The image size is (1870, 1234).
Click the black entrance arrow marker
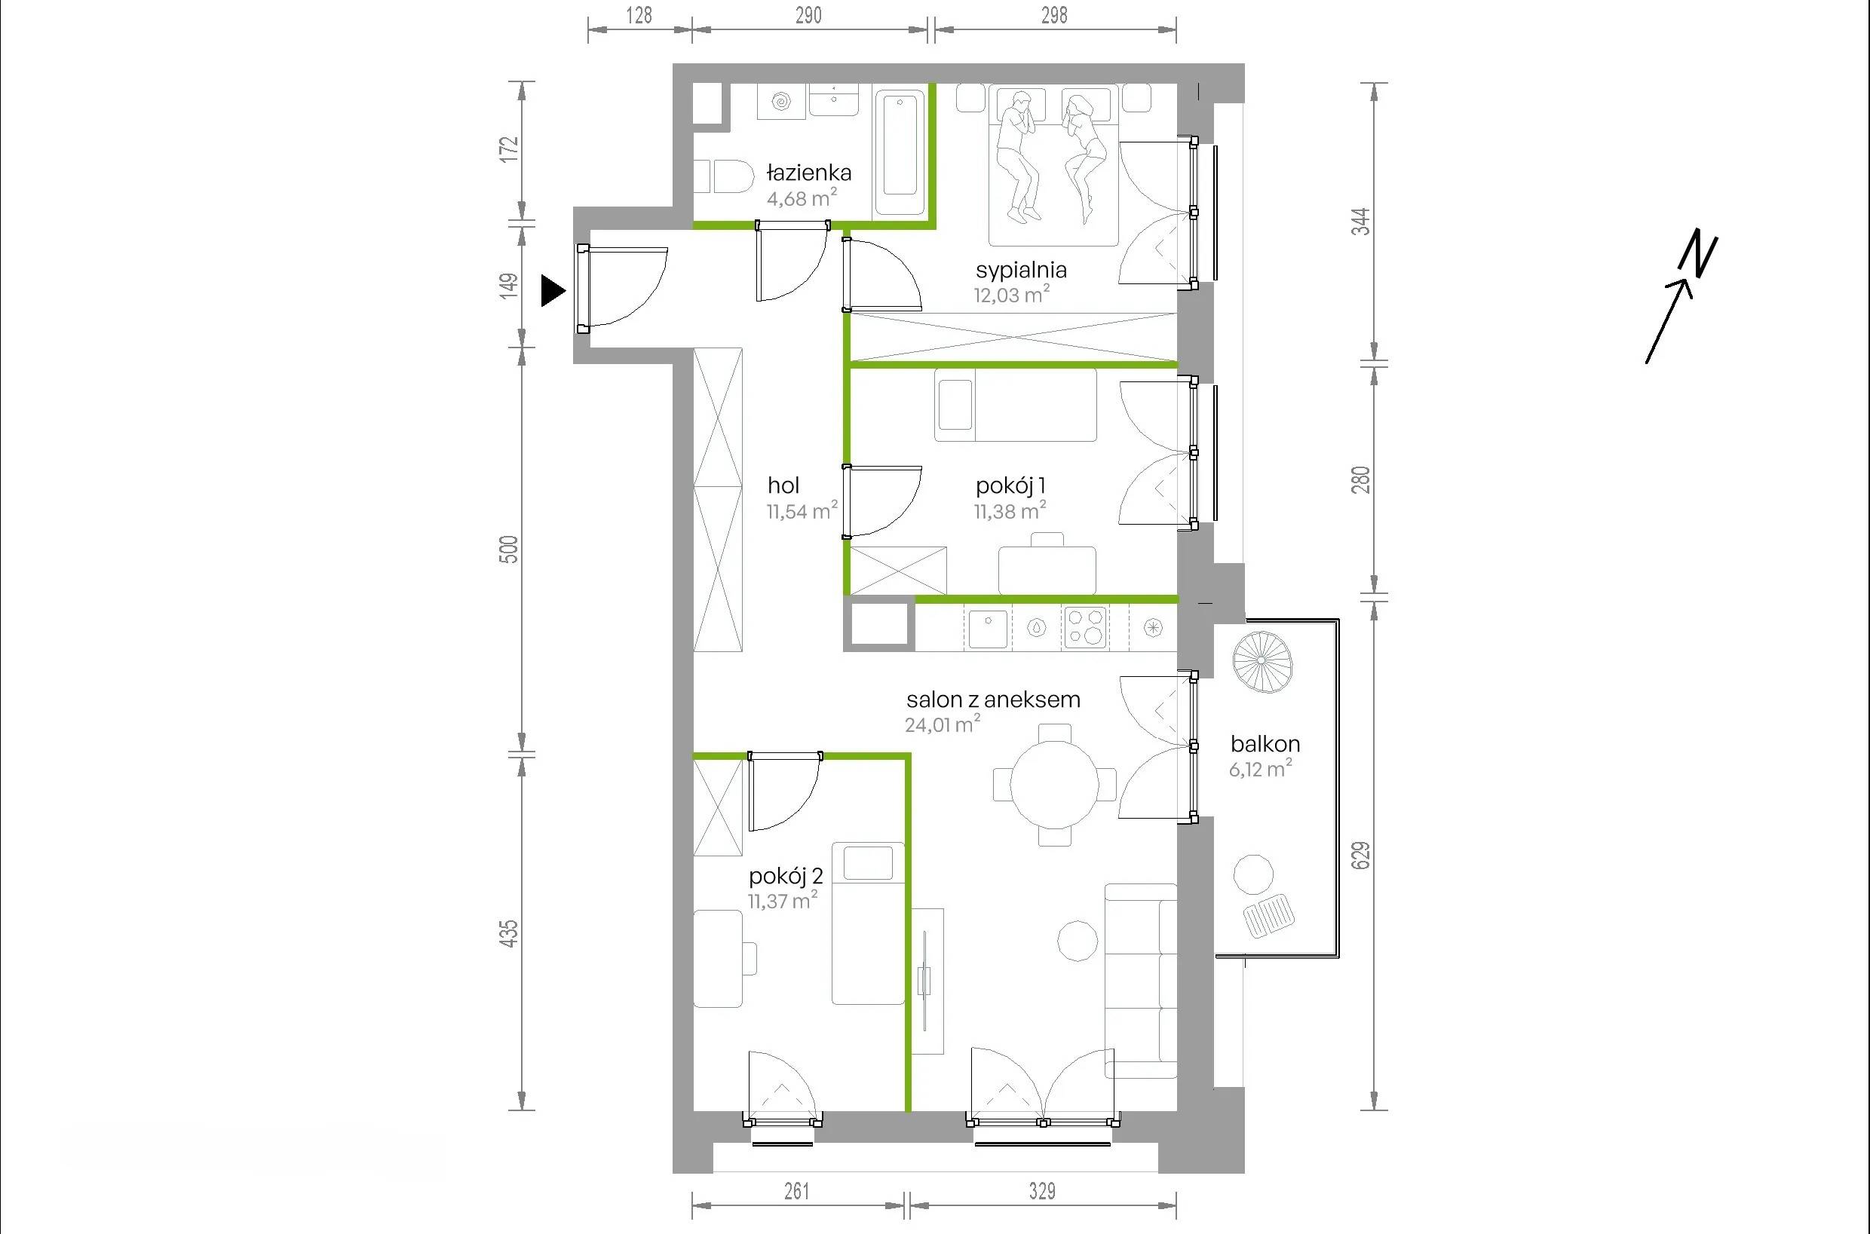coord(553,291)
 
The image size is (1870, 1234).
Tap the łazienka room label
coord(809,173)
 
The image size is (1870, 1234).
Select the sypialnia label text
coord(1022,270)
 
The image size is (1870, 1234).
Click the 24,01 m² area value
coord(943,724)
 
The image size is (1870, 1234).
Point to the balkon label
coord(1265,744)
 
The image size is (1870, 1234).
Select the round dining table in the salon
coord(1054,784)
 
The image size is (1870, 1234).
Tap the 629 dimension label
coord(1361,856)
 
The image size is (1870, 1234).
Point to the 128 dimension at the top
coord(639,15)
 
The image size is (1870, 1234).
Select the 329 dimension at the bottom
coord(1041,1191)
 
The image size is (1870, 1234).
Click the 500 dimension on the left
coord(509,549)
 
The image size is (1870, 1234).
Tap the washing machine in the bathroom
coord(781,102)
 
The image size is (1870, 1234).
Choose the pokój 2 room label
coord(786,876)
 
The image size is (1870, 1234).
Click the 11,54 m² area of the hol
coord(802,511)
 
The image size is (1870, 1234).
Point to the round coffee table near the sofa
coord(1078,942)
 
